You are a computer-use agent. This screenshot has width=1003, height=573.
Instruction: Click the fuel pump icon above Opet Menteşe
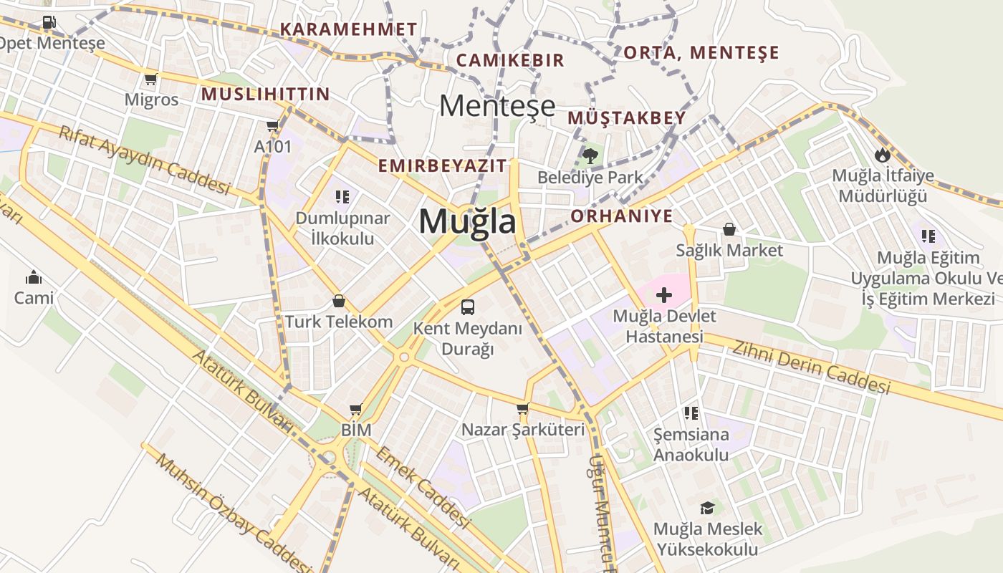(49, 22)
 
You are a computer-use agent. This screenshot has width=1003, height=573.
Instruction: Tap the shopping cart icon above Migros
(150, 79)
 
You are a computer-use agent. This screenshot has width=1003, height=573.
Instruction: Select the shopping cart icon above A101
(272, 126)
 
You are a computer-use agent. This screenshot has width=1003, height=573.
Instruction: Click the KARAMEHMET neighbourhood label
(348, 29)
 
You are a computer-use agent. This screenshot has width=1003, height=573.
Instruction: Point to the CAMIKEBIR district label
(510, 60)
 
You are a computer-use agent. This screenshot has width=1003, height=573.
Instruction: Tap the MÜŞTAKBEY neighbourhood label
(627, 117)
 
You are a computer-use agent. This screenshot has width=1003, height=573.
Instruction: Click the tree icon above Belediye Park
(590, 155)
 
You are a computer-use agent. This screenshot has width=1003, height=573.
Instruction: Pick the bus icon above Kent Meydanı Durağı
(468, 307)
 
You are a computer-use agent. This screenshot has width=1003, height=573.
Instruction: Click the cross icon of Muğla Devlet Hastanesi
(664, 294)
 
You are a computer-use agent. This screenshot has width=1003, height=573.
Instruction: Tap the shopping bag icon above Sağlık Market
(729, 229)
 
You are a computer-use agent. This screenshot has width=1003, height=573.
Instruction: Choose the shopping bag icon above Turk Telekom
(339, 301)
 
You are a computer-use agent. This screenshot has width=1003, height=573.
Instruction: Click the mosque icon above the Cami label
(34, 277)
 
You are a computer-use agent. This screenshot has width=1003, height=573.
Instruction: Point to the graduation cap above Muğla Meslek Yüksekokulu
(707, 508)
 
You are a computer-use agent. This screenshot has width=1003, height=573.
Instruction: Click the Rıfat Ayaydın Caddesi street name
(144, 160)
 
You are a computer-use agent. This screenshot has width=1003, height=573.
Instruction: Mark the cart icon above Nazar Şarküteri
(522, 408)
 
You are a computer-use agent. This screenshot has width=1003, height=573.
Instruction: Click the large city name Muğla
(467, 221)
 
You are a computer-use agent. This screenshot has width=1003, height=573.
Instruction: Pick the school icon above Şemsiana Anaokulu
(691, 413)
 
